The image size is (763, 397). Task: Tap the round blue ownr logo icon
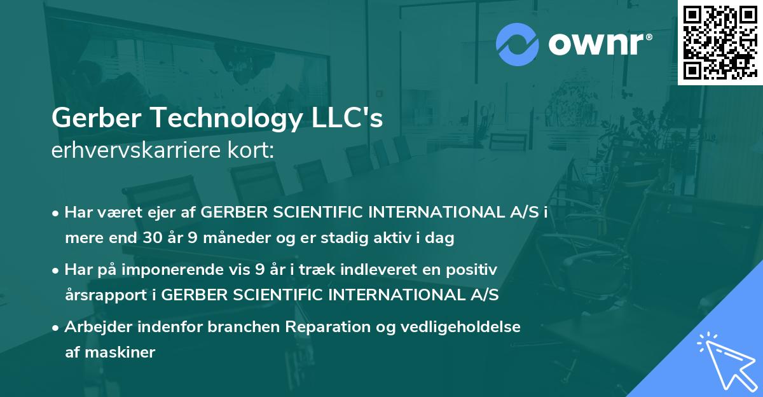[518, 44]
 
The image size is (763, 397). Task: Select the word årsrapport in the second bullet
[105, 296]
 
